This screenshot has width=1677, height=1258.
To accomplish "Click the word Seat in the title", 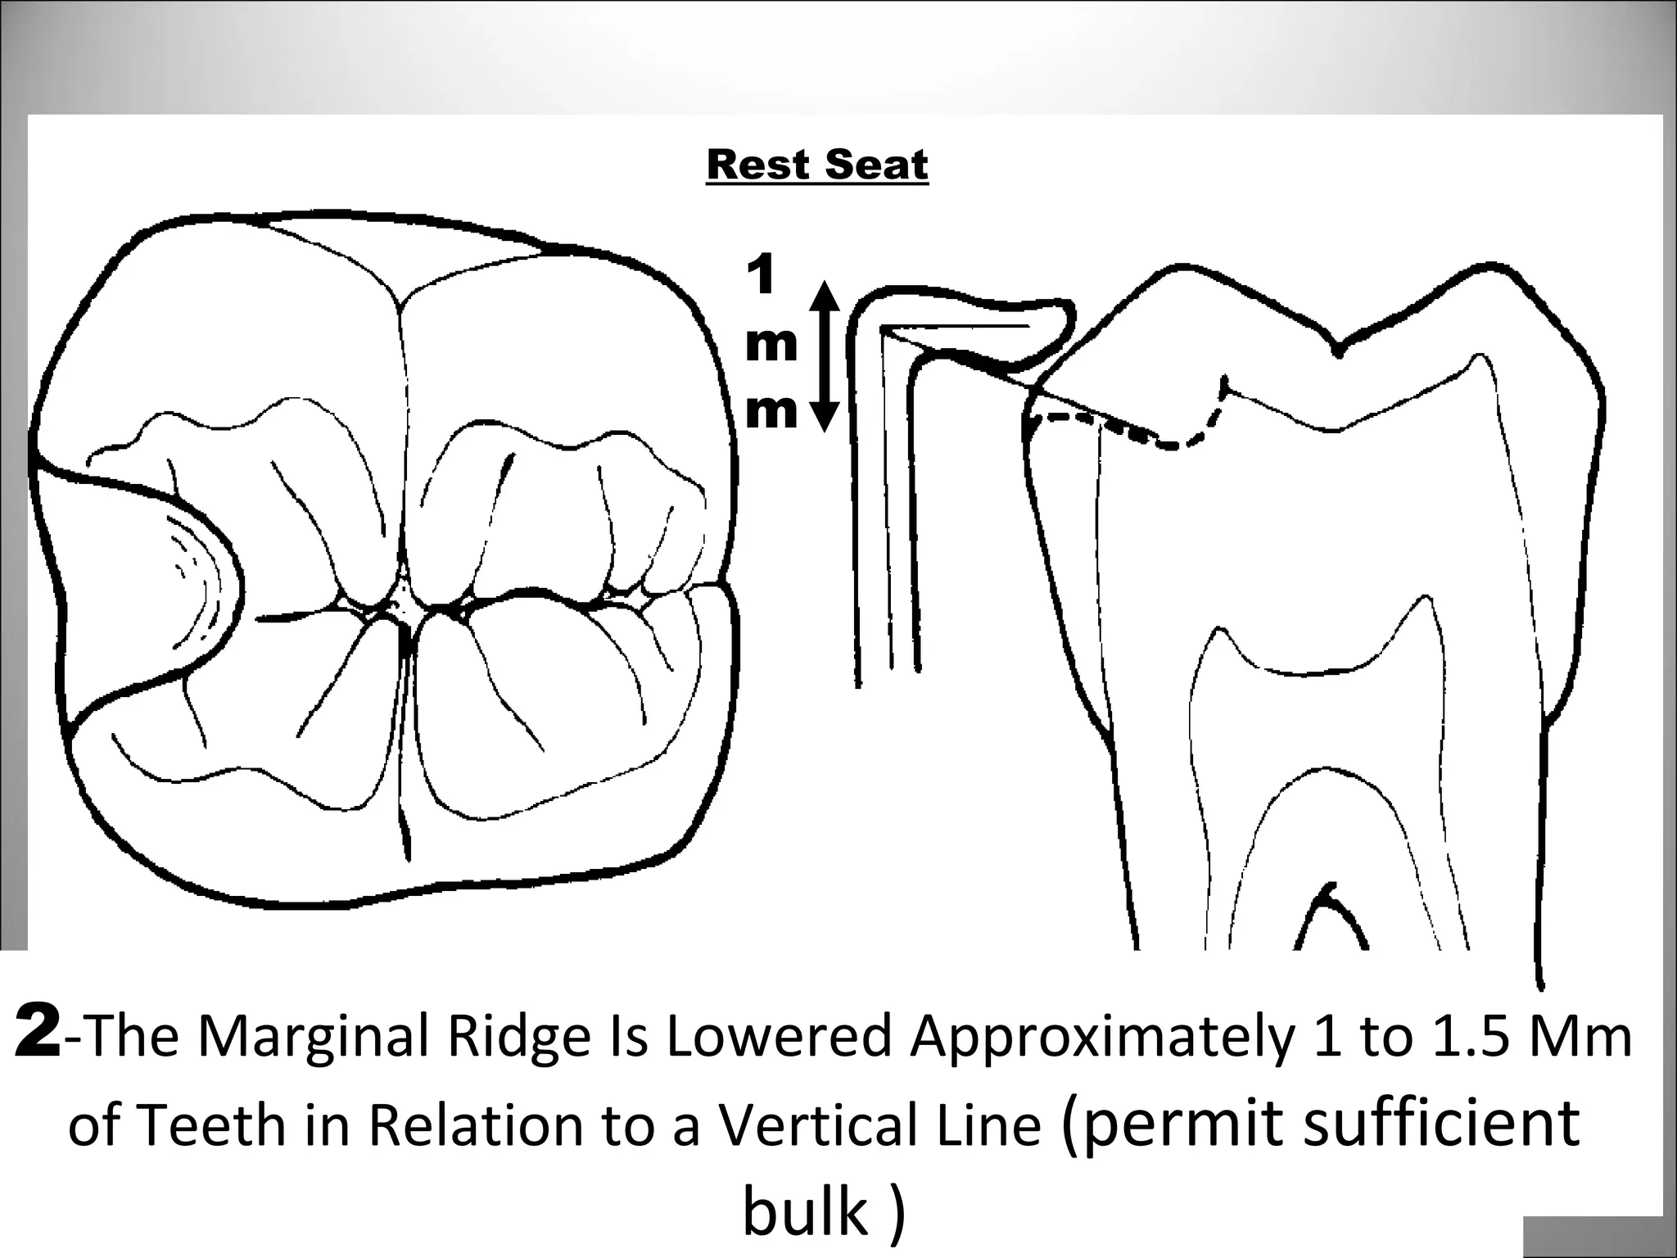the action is click(875, 165).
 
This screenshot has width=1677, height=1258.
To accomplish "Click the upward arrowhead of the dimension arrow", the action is click(825, 296).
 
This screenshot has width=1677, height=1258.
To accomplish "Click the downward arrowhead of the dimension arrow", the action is click(825, 415).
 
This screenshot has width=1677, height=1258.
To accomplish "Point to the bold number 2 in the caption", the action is click(37, 1034).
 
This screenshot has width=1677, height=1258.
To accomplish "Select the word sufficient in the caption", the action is click(1440, 1122).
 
